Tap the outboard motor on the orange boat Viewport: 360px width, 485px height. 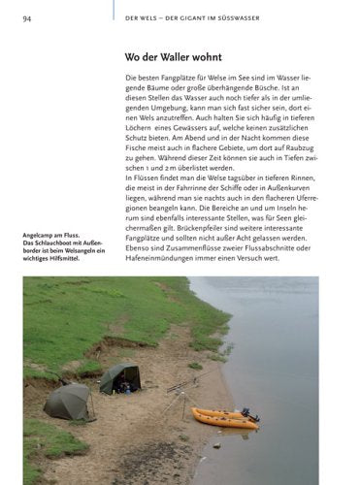coord(249,415)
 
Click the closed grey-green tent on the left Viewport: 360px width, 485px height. coord(68,402)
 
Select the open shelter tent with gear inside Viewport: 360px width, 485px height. coord(120,377)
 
